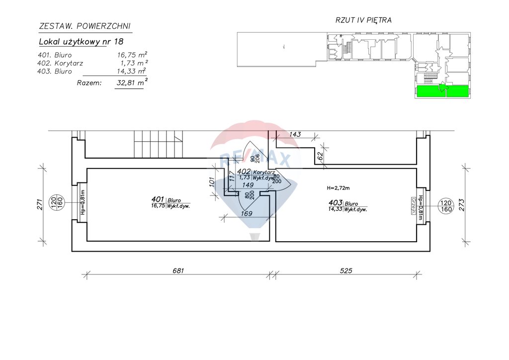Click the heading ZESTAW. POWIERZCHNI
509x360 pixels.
coord(85,26)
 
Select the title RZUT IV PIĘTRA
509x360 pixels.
coord(364,20)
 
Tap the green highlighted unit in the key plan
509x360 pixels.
coord(442,91)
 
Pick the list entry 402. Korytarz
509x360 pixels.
coord(60,63)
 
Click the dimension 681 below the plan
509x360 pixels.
coord(178,271)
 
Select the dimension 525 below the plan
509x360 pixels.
coord(346,271)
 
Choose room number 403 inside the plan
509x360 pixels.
coord(335,203)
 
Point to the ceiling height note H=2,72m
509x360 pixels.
coord(339,188)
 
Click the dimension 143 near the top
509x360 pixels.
coord(295,134)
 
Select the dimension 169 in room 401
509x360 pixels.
coord(247,213)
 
